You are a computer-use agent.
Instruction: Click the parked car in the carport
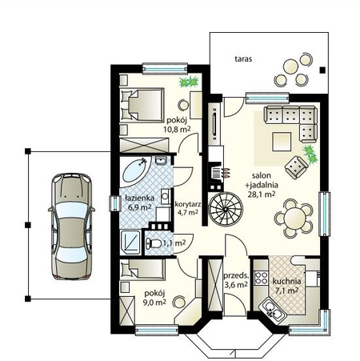(71, 227)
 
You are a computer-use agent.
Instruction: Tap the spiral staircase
(226, 209)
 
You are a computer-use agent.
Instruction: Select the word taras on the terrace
(243, 58)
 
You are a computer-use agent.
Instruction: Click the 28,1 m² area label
(262, 194)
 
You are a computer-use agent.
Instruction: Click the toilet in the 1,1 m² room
(153, 243)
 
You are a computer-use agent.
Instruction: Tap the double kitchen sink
(273, 311)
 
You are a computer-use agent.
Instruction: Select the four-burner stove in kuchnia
(261, 278)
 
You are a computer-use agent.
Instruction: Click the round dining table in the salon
(294, 219)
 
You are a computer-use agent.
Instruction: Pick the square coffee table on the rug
(282, 142)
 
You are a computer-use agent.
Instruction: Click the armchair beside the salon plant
(296, 167)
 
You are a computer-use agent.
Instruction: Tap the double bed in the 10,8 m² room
(142, 106)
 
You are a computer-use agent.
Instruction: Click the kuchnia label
(286, 281)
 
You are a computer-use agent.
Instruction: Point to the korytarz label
(188, 204)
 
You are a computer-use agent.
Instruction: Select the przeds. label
(236, 275)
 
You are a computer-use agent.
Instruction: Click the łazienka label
(139, 198)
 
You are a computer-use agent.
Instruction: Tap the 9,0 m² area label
(154, 303)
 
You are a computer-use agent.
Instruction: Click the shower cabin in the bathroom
(130, 242)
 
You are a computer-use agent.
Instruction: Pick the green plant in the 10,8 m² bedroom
(189, 82)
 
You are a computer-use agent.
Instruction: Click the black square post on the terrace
(322, 70)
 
